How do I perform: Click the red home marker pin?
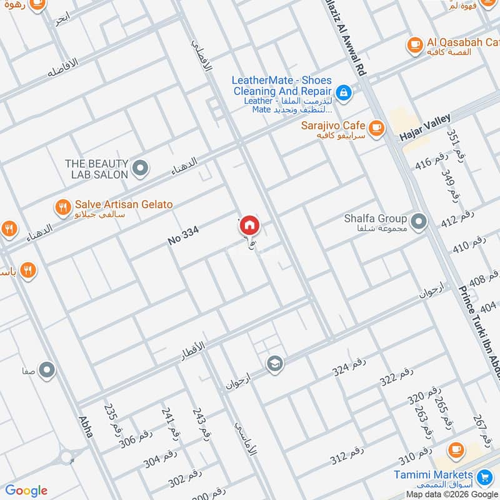point(249,226)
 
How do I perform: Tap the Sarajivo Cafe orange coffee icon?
point(376,128)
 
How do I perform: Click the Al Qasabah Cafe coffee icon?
point(414,44)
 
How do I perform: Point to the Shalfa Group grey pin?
point(418,219)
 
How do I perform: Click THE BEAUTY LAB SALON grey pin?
point(141,168)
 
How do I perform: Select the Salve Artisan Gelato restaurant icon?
point(62,208)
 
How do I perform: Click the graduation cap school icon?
point(274,363)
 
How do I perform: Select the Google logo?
point(26,491)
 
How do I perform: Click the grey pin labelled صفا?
point(47,371)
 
